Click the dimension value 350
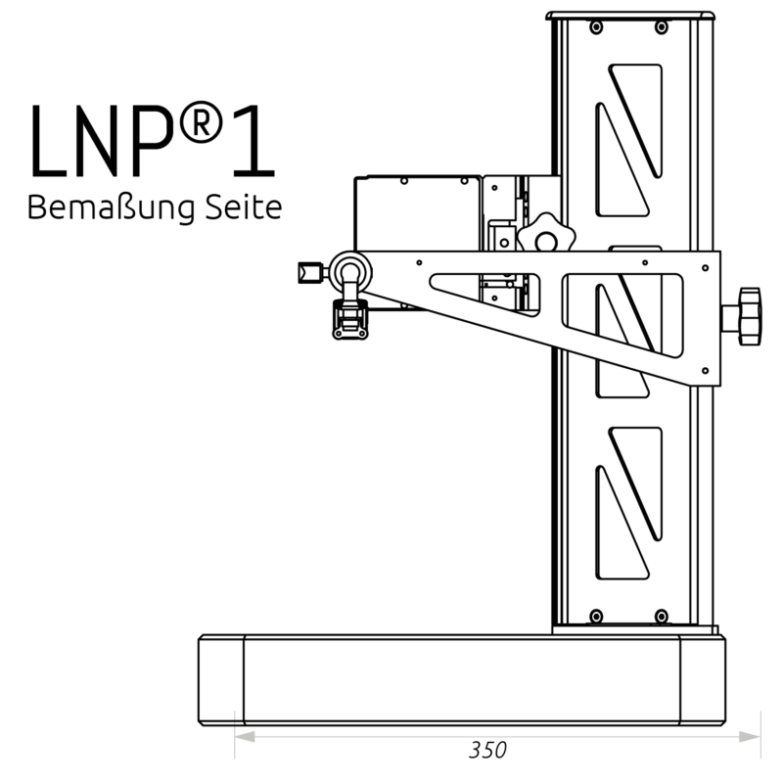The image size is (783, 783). click(x=487, y=752)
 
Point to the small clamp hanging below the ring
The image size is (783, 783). click(x=348, y=321)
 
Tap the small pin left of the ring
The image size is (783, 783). click(x=309, y=270)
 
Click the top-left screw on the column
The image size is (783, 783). click(x=595, y=26)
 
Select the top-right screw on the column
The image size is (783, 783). click(x=662, y=26)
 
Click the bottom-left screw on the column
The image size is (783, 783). click(x=595, y=615)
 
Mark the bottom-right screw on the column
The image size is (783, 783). click(x=662, y=615)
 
